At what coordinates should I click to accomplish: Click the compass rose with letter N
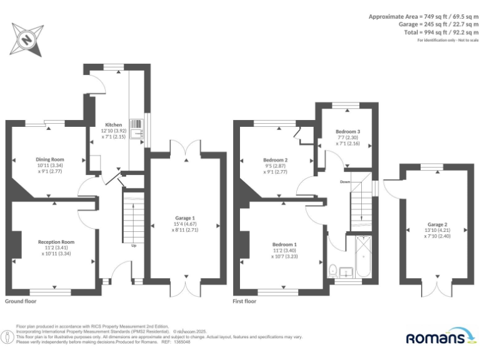tap(27, 39)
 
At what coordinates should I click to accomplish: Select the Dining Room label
tap(51, 159)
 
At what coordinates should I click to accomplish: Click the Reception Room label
tap(56, 242)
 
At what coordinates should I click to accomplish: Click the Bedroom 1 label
tap(284, 244)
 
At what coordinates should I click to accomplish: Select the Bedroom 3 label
tap(347, 132)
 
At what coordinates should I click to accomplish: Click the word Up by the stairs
tap(133, 245)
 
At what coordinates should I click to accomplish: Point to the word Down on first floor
tap(344, 182)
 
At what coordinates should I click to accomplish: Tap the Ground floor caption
tap(21, 301)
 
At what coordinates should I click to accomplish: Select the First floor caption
tap(244, 301)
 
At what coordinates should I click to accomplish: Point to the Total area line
tap(429, 32)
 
